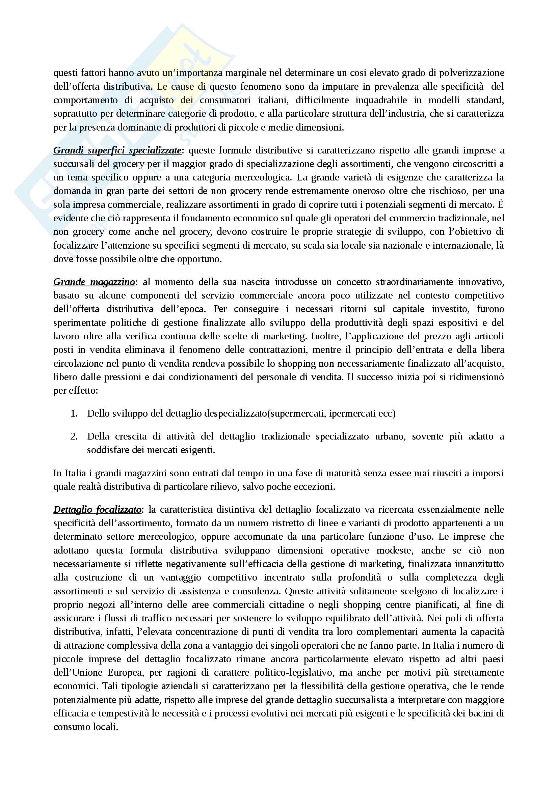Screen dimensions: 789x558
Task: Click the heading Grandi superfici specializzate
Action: pos(117,150)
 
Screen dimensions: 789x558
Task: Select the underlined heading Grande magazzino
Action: pos(94,282)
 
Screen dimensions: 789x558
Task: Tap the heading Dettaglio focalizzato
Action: pos(97,509)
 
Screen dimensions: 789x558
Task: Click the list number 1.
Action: pos(74,414)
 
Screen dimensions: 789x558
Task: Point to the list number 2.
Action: pos(74,436)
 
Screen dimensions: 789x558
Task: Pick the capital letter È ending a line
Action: pos(501,204)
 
